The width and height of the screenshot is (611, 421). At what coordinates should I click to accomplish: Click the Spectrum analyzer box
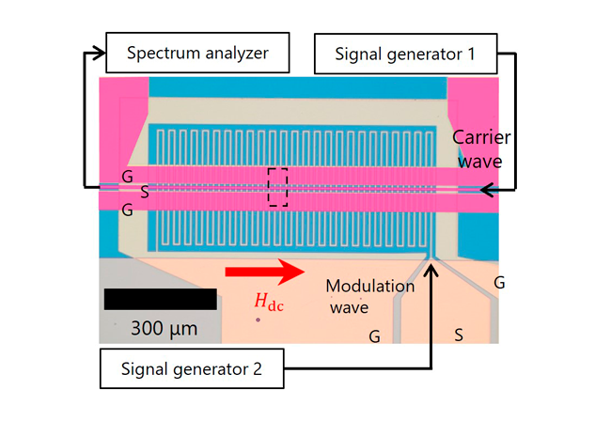pos(197,53)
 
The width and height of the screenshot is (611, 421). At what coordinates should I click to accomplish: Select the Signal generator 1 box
pos(406,54)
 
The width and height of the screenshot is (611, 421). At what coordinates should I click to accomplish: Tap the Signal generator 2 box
pos(192,368)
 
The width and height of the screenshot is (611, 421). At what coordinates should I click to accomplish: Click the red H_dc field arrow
pos(265,272)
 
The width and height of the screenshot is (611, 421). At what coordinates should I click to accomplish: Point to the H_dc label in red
pos(269,303)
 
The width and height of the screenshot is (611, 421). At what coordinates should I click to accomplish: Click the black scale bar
pos(161,299)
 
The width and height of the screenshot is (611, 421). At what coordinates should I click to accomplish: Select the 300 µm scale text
pos(164,329)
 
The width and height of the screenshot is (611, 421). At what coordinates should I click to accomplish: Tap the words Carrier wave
pos(481,149)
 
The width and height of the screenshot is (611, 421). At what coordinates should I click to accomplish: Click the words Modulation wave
pos(369,296)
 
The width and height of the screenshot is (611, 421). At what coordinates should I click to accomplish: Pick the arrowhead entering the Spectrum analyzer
pos(100,53)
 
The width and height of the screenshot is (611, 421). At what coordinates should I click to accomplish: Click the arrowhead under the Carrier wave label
pos(487,190)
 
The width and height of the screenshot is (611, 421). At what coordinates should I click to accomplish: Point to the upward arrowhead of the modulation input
pos(431,270)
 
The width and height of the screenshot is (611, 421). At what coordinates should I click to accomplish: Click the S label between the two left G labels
pos(145,192)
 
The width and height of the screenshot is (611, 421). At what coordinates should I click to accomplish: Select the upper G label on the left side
pos(128,177)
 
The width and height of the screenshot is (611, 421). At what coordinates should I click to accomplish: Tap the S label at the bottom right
pos(459,335)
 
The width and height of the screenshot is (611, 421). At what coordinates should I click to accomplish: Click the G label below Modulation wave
pos(374,336)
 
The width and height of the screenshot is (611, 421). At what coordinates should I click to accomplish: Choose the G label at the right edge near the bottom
pos(499,282)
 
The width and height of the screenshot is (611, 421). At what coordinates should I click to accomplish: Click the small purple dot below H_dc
pos(258,320)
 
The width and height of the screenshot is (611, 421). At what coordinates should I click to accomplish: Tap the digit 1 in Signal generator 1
pos(472,54)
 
